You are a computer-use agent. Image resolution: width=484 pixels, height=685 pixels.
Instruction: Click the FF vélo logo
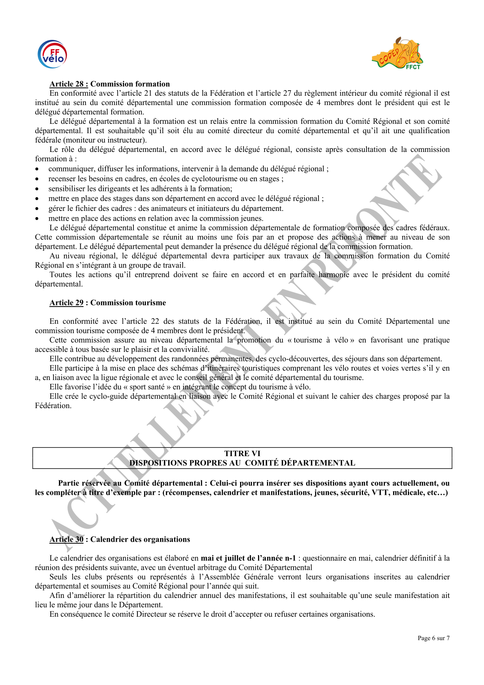pyautogui.click(x=52, y=54)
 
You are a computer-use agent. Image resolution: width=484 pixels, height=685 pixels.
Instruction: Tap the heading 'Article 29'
pyautogui.click(x=66, y=303)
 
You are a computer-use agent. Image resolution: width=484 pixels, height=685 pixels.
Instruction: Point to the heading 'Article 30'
pyautogui.click(x=66, y=539)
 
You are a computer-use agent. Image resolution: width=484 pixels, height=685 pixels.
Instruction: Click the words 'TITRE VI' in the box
pyautogui.click(x=242, y=453)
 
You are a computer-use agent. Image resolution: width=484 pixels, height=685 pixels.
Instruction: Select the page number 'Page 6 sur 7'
pyautogui.click(x=433, y=638)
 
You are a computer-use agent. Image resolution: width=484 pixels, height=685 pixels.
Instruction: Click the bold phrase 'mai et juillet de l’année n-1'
pyautogui.click(x=248, y=558)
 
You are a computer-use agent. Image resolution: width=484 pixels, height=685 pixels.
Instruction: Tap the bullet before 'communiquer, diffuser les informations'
pyautogui.click(x=37, y=169)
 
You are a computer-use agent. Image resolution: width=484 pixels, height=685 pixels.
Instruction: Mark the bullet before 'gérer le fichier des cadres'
pyautogui.click(x=37, y=209)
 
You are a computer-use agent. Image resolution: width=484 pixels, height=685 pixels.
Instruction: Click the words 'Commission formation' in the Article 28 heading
pyautogui.click(x=130, y=84)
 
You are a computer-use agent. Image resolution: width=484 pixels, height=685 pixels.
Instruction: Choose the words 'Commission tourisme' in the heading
pyautogui.click(x=128, y=303)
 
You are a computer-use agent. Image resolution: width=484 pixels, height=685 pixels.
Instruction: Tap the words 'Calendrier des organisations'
pyautogui.click(x=140, y=539)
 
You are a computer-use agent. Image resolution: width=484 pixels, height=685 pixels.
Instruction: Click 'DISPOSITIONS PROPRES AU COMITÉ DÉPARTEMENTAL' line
pyautogui.click(x=242, y=463)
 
